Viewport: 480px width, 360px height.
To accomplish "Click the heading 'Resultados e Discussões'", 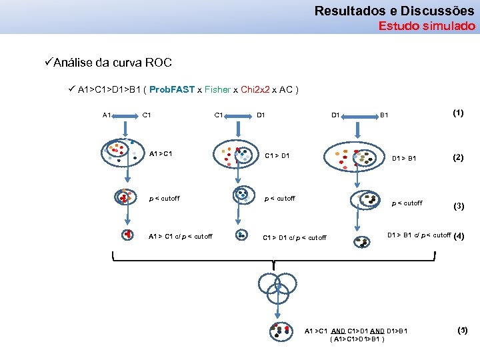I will pyautogui.click(x=394, y=11).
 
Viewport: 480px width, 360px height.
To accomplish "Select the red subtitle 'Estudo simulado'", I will pyautogui.click(x=427, y=27).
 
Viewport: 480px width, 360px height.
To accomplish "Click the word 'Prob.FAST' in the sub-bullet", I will pyautogui.click(x=171, y=89).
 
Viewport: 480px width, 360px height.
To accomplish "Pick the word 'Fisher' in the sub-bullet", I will pyautogui.click(x=217, y=89).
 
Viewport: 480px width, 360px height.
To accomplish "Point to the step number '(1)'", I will pyautogui.click(x=458, y=113).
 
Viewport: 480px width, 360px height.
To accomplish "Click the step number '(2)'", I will pyautogui.click(x=458, y=158).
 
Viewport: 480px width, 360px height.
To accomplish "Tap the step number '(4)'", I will pyautogui.click(x=458, y=235).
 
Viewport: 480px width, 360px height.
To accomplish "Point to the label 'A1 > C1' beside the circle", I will pyautogui.click(x=161, y=155).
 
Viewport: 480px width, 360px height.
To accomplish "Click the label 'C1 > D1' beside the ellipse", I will pyautogui.click(x=277, y=156).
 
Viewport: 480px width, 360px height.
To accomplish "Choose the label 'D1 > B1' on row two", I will pyautogui.click(x=403, y=159).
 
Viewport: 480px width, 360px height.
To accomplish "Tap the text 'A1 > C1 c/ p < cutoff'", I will pyautogui.click(x=181, y=236).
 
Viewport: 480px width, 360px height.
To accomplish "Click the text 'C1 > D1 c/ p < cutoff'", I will pyautogui.click(x=295, y=237).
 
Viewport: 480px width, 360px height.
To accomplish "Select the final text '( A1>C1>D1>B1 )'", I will pyautogui.click(x=357, y=339).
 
